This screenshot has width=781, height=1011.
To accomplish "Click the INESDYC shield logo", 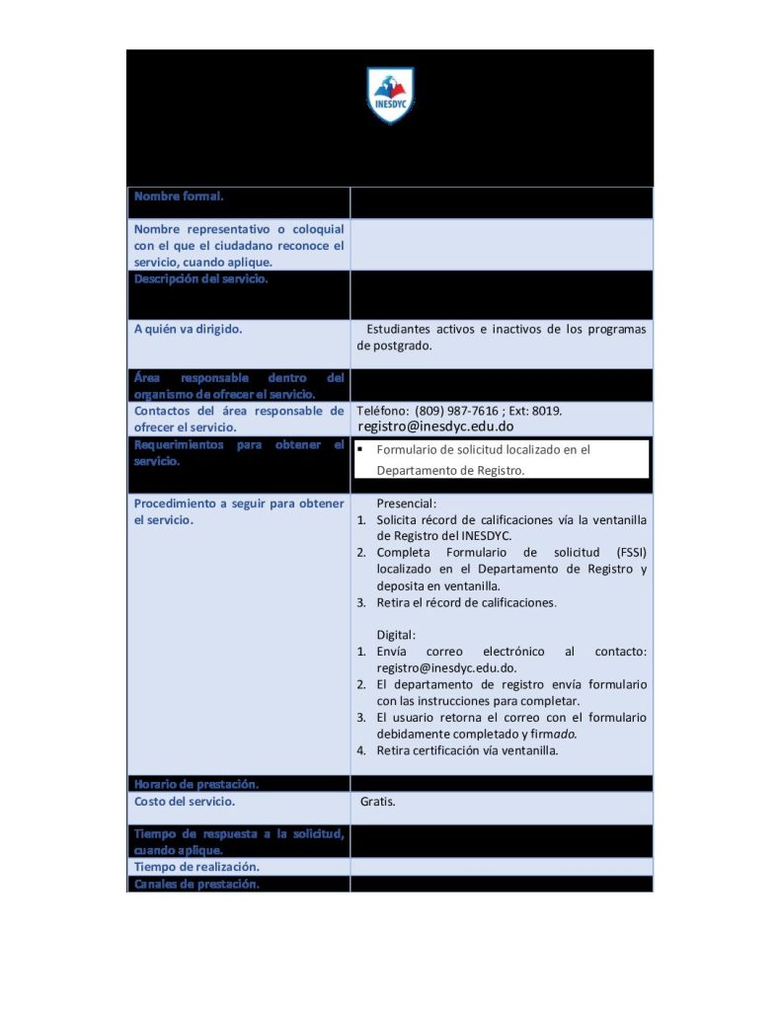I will tap(390, 96).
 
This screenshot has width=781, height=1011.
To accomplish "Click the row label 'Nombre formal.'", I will tap(179, 196).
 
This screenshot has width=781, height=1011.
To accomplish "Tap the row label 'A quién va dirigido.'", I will tap(189, 330).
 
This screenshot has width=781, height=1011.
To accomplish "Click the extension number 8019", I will tap(554, 411).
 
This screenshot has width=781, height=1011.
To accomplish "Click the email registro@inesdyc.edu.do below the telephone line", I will tap(435, 427).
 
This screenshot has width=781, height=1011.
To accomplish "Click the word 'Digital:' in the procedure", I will tap(397, 635).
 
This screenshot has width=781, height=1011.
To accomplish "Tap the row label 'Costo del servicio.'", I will tap(185, 802).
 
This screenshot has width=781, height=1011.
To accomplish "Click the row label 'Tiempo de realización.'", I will tap(197, 867).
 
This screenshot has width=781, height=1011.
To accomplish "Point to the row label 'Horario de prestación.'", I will tap(196, 784).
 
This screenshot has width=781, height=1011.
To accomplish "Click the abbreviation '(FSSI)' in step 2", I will tap(626, 553).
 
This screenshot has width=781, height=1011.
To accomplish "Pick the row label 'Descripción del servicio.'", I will tap(201, 278).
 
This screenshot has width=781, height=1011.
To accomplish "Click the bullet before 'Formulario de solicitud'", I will tap(361, 449).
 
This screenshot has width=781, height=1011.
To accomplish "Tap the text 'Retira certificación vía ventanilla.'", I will tap(467, 750).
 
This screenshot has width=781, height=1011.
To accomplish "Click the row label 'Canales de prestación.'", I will tap(196, 884).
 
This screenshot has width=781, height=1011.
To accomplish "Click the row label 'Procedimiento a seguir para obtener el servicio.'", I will tap(239, 511).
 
